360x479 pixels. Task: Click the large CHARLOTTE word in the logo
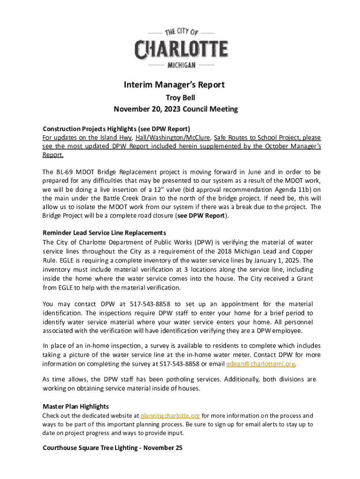(x=181, y=50)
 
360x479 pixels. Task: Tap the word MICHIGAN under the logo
(x=181, y=65)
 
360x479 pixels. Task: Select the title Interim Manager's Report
(x=174, y=85)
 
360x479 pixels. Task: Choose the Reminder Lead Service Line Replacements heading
(x=104, y=232)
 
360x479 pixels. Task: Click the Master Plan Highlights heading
(x=76, y=406)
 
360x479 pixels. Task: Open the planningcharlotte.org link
(x=170, y=415)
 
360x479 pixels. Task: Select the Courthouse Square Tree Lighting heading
(x=112, y=448)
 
